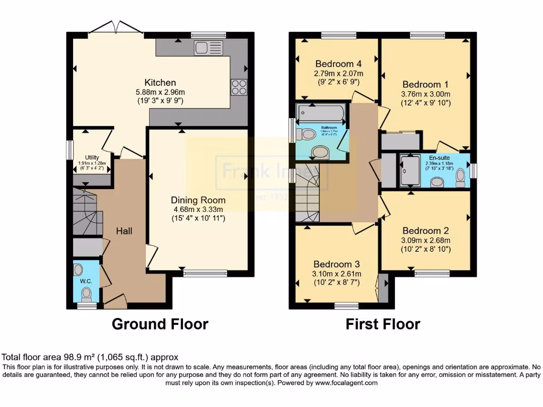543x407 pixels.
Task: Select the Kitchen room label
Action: coord(160,83)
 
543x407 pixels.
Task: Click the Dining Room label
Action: coord(198,200)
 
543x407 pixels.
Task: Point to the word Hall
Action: coord(124,231)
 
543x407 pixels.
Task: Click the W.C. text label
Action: coord(86,281)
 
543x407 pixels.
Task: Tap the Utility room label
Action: coord(92,157)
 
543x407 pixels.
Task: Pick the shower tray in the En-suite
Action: coord(410,171)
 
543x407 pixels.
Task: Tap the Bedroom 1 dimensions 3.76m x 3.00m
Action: coord(426,94)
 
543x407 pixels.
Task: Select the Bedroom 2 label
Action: coord(426,231)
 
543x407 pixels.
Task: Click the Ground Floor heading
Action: coord(160,324)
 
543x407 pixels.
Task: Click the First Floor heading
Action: coord(383,324)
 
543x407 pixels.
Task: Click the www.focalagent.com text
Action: coord(346,383)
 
